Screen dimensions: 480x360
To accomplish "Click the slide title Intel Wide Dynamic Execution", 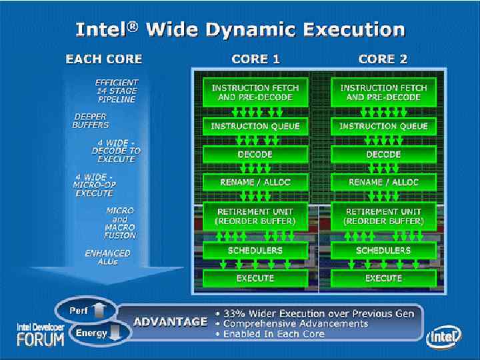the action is click(x=240, y=29).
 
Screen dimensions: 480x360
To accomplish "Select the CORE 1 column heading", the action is click(x=255, y=59).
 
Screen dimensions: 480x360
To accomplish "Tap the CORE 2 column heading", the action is click(x=383, y=59).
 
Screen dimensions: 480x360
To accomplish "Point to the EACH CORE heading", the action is click(x=103, y=59).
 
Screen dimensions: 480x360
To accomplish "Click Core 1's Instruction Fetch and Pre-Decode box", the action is click(x=255, y=92).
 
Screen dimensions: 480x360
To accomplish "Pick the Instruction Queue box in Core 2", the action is click(x=383, y=126).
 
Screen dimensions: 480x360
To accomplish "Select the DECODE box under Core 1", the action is click(x=255, y=154).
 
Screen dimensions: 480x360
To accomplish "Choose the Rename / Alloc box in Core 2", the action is click(x=383, y=182).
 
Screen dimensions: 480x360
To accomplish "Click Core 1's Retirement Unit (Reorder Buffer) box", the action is click(x=255, y=216).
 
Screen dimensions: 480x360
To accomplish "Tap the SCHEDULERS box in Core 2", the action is click(x=383, y=251).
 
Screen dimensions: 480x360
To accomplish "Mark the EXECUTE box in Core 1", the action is click(x=255, y=278).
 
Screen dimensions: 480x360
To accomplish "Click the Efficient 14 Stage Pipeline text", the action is click(x=116, y=91).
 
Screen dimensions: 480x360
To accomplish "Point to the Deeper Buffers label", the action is click(x=91, y=120).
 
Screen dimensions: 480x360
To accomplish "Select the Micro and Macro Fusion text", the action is click(x=120, y=223).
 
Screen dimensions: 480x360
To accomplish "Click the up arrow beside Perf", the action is click(x=99, y=309).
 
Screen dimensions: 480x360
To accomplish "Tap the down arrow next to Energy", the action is click(x=115, y=333).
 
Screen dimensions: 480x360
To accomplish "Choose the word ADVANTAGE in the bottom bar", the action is click(x=170, y=322).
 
